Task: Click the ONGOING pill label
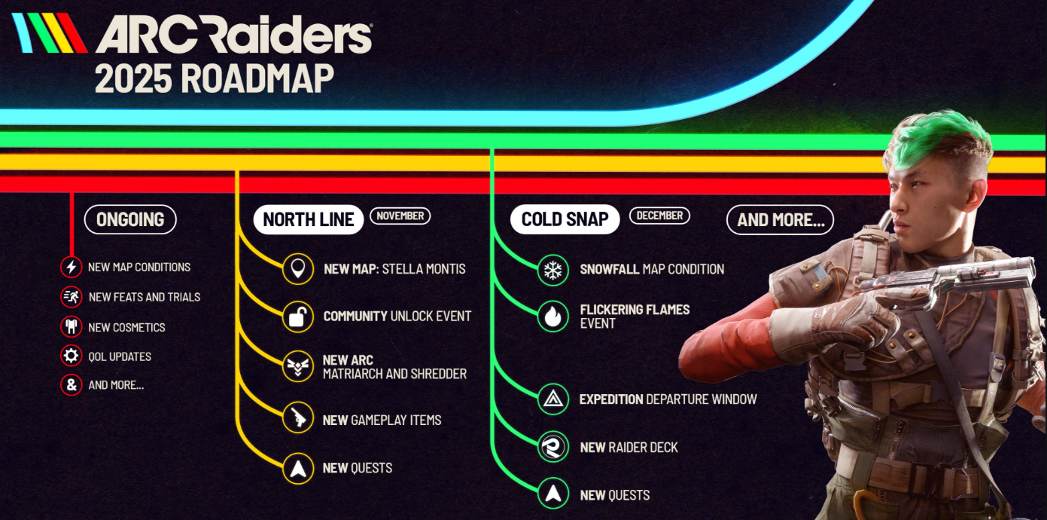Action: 130,220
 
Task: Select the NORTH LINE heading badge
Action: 309,219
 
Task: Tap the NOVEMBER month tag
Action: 400,216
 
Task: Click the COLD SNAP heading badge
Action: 565,219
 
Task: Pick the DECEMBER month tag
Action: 659,216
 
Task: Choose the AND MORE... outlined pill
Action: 780,220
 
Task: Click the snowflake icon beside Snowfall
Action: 553,270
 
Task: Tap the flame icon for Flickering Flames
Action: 553,317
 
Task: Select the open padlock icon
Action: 298,317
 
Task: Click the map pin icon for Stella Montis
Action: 298,269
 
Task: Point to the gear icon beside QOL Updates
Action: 72,356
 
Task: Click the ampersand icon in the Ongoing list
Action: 72,385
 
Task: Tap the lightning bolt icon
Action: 72,267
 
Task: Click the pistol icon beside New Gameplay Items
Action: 298,420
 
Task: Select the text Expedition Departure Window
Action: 668,399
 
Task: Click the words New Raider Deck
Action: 629,448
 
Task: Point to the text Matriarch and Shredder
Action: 394,374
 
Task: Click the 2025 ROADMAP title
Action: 214,78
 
